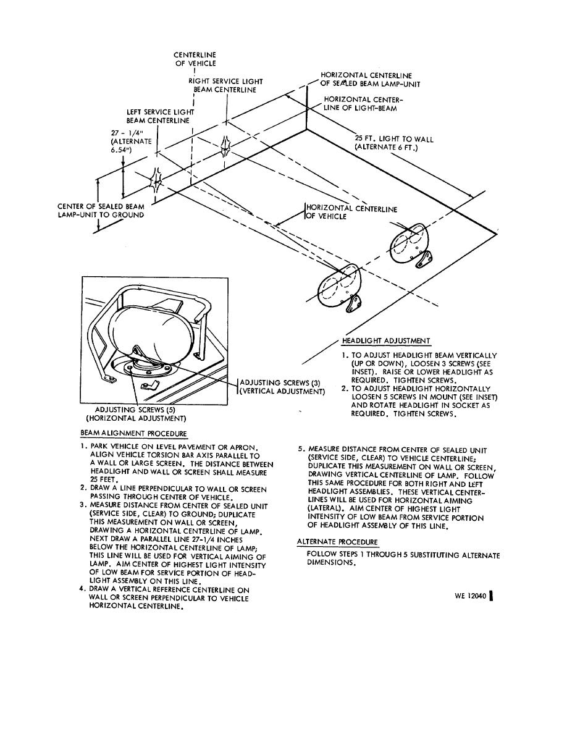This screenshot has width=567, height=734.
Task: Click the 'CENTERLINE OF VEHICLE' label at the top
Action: [195, 59]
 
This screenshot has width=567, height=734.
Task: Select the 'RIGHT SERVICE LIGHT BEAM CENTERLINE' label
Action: [226, 85]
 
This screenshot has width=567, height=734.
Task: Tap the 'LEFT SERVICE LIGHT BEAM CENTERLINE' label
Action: [160, 116]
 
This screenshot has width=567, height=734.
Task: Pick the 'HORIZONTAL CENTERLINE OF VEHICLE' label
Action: [351, 213]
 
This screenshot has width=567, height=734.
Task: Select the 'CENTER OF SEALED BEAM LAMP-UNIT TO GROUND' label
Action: [101, 211]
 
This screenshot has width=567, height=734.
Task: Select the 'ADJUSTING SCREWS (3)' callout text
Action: [282, 387]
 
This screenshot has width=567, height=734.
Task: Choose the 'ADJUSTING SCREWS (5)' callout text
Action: [136, 413]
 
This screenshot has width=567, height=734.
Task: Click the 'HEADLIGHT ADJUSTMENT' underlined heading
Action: [386, 340]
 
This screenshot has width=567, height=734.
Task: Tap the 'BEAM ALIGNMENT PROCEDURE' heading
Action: [134, 434]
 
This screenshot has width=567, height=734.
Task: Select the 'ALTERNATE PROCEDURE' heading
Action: [337, 542]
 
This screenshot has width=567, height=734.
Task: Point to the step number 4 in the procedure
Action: [82, 589]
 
